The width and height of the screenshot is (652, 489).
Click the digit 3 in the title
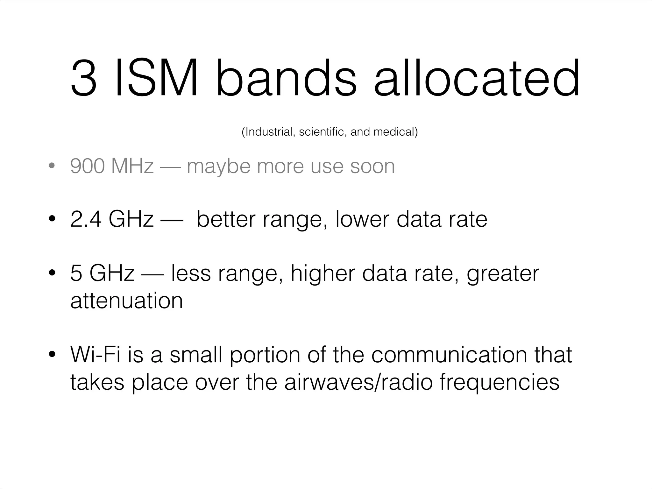[84, 78]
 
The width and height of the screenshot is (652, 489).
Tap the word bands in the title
[287, 78]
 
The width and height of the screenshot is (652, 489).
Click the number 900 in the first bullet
[87, 166]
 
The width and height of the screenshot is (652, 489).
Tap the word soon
[372, 166]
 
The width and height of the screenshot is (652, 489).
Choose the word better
[226, 219]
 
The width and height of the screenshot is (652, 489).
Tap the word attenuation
[127, 301]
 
